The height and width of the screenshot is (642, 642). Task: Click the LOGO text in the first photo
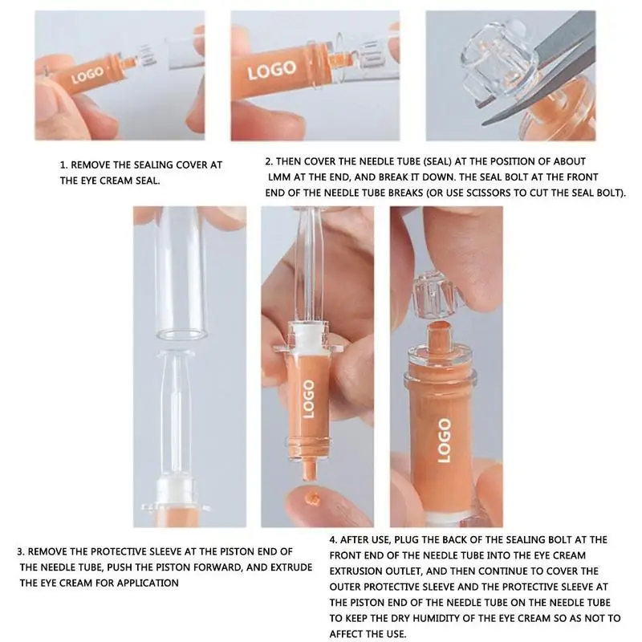pyautogui.click(x=87, y=75)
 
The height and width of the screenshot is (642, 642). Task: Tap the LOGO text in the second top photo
pyautogui.click(x=271, y=70)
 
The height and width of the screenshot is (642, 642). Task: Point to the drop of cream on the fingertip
pyautogui.click(x=313, y=498)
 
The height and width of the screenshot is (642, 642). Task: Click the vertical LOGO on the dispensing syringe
pyautogui.click(x=309, y=399)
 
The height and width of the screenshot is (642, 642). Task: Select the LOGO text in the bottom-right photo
pyautogui.click(x=445, y=440)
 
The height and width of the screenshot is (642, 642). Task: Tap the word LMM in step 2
pyautogui.click(x=279, y=177)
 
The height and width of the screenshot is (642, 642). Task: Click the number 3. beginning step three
pyautogui.click(x=21, y=551)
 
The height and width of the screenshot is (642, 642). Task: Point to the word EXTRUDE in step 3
pyautogui.click(x=291, y=567)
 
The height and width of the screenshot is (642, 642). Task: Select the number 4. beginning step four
pyautogui.click(x=333, y=540)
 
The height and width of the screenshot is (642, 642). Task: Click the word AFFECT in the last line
pyautogui.click(x=348, y=634)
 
